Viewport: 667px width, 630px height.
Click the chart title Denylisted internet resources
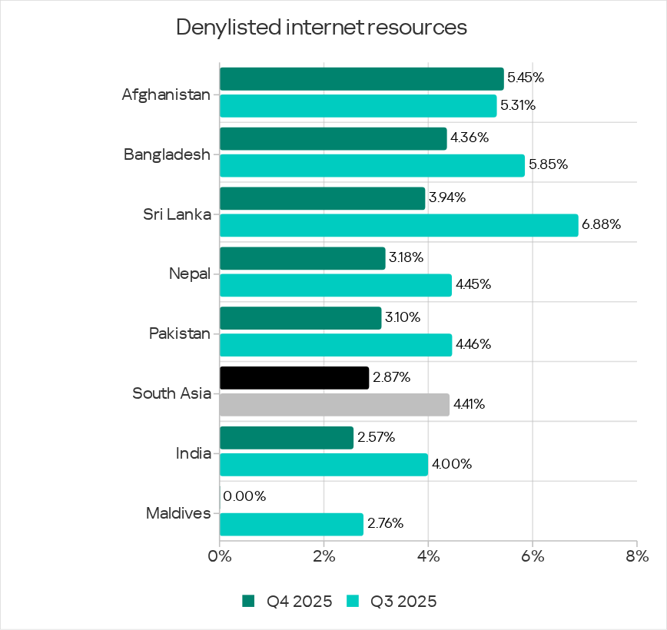click(x=321, y=28)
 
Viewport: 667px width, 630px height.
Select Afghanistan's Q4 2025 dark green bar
click(x=361, y=78)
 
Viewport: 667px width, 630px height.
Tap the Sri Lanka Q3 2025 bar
click(x=398, y=225)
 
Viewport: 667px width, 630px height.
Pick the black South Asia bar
click(x=294, y=378)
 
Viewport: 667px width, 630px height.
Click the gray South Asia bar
click(x=333, y=404)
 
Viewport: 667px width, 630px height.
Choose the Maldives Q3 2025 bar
click(x=290, y=525)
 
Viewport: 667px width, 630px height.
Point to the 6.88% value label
click(x=601, y=225)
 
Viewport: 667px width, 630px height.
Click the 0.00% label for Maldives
click(x=244, y=497)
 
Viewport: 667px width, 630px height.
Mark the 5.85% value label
click(x=548, y=165)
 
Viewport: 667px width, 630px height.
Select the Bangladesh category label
click(x=167, y=154)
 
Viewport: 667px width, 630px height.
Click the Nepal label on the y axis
click(x=189, y=274)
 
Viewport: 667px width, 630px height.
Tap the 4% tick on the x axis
click(x=428, y=555)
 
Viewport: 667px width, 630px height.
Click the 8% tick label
click(x=636, y=555)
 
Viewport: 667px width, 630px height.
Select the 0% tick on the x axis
click(x=220, y=555)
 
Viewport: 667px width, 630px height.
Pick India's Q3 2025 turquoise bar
click(x=323, y=465)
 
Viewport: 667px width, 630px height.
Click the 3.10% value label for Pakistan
click(x=403, y=317)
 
